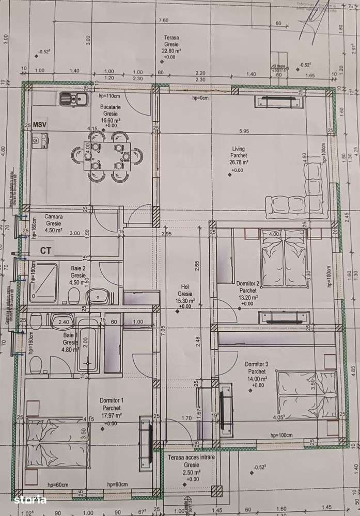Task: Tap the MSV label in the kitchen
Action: tap(40, 125)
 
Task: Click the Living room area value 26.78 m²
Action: tap(239, 162)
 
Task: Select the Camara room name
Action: tap(54, 217)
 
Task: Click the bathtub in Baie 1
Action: tap(88, 345)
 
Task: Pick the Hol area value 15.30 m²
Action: tap(185, 300)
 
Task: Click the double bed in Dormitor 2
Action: tap(284, 258)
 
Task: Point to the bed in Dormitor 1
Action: tap(56, 442)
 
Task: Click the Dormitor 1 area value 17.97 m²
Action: tap(111, 415)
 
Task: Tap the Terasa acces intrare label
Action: tap(189, 458)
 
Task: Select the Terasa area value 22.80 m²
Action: tap(171, 51)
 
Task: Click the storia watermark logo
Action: tap(30, 499)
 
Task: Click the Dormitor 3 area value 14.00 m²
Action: tap(257, 378)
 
